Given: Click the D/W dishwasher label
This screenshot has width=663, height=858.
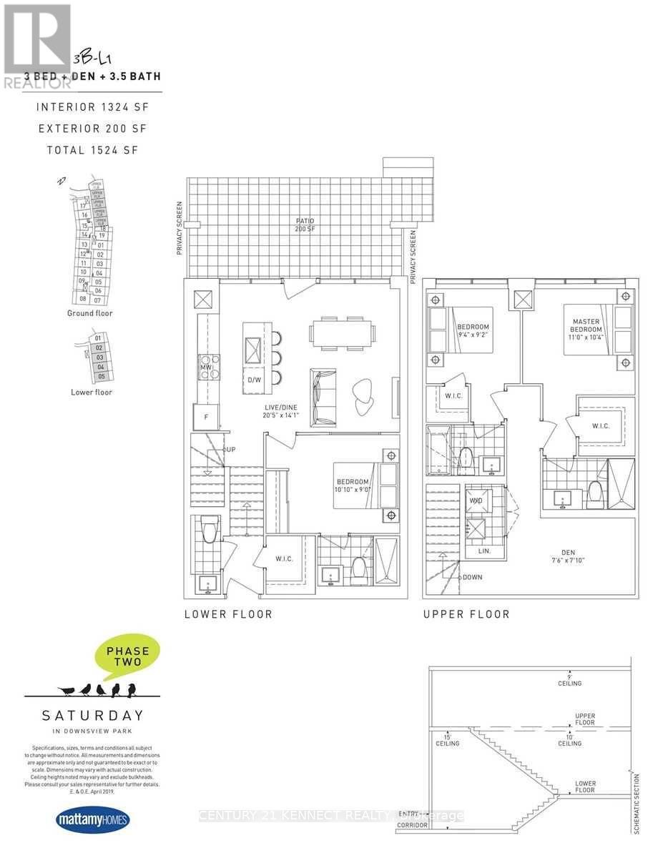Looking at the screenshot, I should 253,380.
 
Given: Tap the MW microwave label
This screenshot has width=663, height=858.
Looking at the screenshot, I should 205,367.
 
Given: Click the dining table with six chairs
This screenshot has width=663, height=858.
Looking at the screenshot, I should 341,333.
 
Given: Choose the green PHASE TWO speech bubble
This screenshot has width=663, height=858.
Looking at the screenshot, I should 127,657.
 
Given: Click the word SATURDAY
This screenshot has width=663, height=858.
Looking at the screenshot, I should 93,715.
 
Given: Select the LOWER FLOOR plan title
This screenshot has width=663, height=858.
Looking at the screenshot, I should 227,614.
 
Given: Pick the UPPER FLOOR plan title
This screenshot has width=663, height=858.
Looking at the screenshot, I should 466,614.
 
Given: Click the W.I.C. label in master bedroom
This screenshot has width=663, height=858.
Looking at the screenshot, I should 601,425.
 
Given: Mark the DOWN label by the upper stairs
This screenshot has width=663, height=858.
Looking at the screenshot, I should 472,577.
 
